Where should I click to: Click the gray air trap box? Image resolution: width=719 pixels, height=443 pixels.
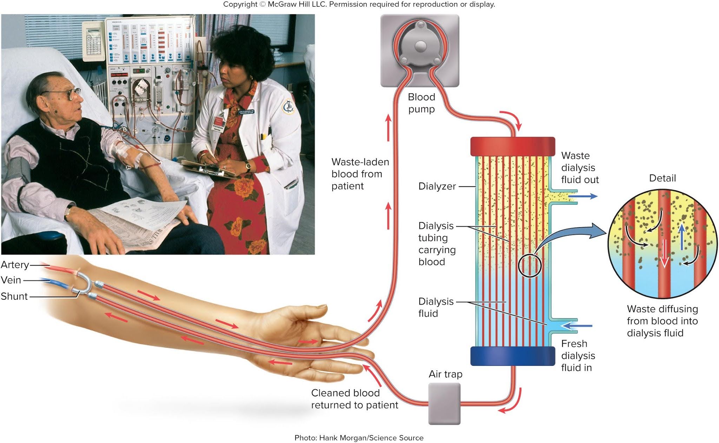coord(444,403)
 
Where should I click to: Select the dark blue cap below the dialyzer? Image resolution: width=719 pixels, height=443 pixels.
coord(513,356)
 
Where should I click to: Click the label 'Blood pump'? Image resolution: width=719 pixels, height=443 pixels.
coord(421,103)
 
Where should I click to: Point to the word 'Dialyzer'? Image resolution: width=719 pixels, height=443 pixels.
coord(437,186)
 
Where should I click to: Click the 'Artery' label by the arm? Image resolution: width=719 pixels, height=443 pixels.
coord(15,265)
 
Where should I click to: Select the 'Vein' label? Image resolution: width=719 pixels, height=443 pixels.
coord(11,280)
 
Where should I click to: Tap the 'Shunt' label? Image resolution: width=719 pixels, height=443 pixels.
coord(14,296)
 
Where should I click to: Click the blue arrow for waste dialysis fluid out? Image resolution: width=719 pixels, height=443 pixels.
coord(587,196)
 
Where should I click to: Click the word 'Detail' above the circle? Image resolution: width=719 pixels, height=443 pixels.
coord(662,178)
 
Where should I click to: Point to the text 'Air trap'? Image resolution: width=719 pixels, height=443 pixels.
coord(445,374)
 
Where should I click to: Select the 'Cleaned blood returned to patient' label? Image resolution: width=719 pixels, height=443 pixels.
coord(354,399)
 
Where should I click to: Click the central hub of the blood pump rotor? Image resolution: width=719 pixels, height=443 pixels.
coord(420,46)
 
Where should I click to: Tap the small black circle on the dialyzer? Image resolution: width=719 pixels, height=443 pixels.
coord(530,266)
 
